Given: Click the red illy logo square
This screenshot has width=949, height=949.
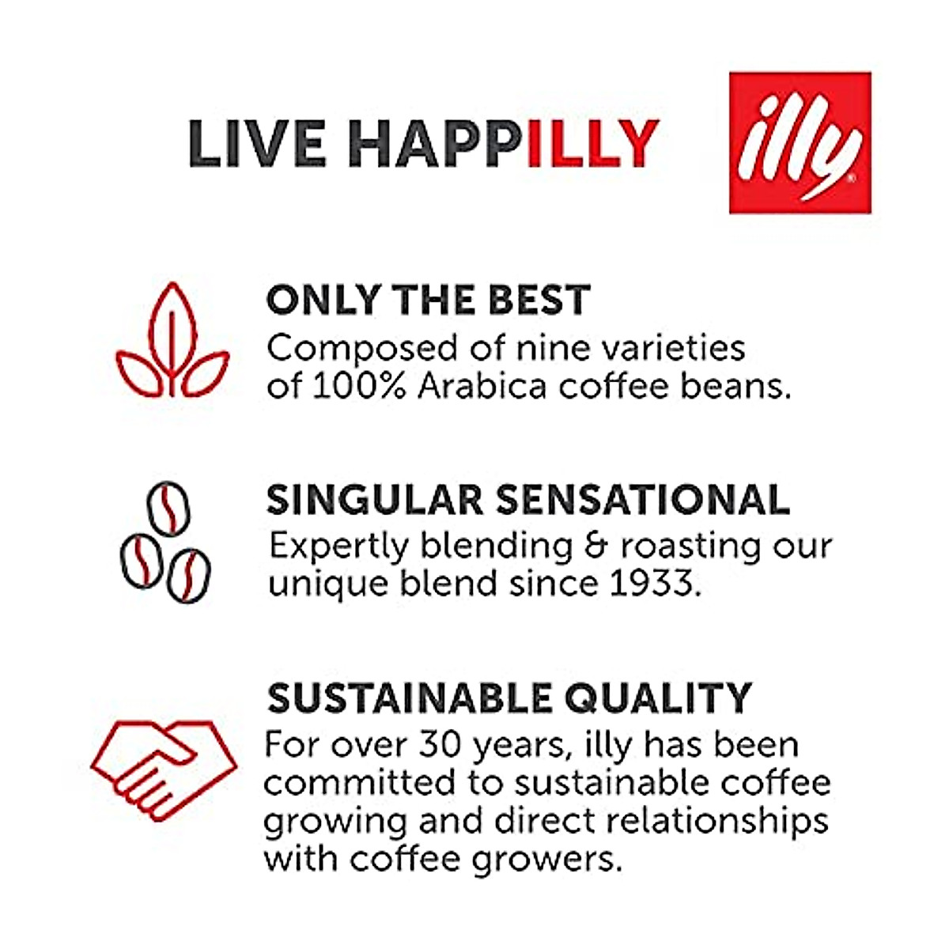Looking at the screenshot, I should (800, 143).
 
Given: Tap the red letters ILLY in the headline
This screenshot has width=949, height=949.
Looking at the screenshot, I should (592, 144).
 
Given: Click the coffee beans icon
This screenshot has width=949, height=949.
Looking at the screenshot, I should (166, 541).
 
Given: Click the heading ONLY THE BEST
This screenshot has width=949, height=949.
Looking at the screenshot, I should (428, 301).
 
